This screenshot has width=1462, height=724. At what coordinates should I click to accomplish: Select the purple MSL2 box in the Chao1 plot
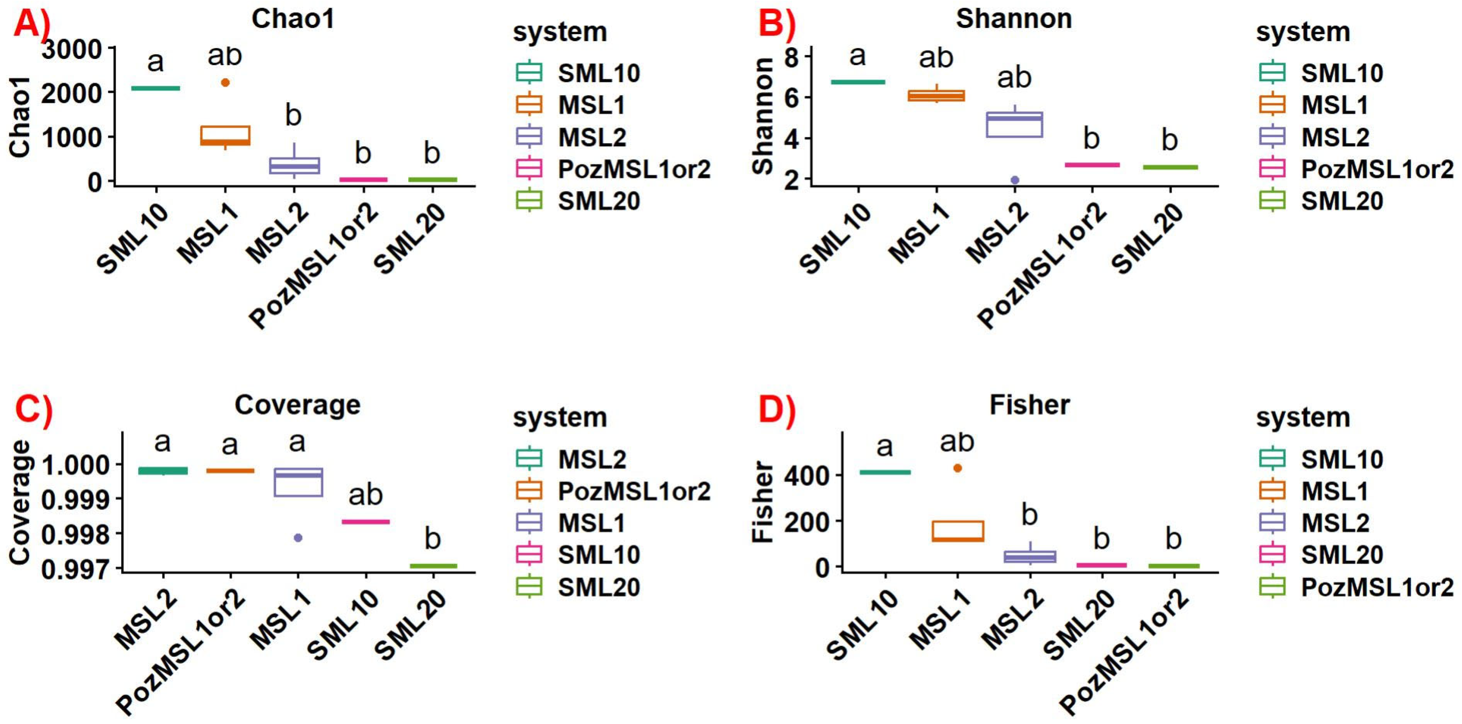[294, 166]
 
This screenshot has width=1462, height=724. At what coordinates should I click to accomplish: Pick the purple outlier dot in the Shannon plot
[1015, 180]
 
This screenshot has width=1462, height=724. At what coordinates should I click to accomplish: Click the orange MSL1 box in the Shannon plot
[936, 95]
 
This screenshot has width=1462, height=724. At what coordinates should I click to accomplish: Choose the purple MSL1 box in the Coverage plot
[299, 482]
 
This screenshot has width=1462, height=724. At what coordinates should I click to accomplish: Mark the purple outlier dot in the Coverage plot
[298, 537]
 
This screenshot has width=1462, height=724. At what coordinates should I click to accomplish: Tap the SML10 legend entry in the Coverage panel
[599, 554]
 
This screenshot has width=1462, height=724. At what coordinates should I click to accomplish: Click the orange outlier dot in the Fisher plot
[957, 468]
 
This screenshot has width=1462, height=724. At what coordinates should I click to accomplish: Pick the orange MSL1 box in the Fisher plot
[957, 531]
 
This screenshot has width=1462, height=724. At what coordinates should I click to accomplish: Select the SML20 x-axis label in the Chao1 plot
[410, 238]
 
